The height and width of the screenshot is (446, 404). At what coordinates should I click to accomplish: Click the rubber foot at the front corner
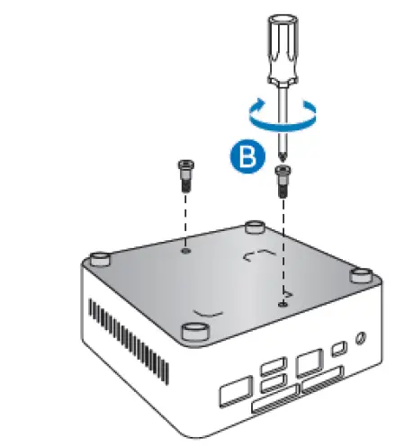tap(193, 331)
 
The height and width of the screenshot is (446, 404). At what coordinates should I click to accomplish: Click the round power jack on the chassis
tap(361, 340)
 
